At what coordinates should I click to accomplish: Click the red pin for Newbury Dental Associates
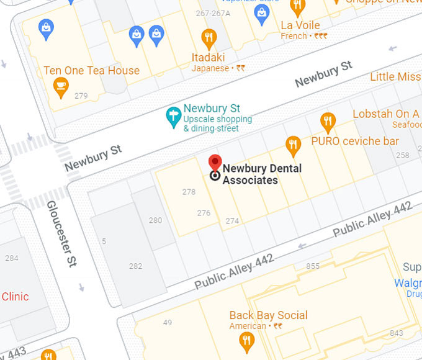pyautogui.click(x=215, y=164)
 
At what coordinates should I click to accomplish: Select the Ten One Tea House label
pyautogui.click(x=91, y=71)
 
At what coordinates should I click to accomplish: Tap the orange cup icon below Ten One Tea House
pyautogui.click(x=60, y=88)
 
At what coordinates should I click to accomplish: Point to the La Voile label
pyautogui.click(x=300, y=25)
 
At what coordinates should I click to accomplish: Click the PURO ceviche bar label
pyautogui.click(x=355, y=141)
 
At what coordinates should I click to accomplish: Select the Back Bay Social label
pyautogui.click(x=268, y=315)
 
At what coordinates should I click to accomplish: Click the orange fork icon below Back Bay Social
pyautogui.click(x=246, y=340)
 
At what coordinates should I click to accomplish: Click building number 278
pyautogui.click(x=189, y=192)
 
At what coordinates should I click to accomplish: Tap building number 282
pyautogui.click(x=135, y=266)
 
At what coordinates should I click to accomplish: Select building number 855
pyautogui.click(x=313, y=266)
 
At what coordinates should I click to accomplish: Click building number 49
pyautogui.click(x=168, y=322)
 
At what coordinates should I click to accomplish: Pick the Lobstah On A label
pyautogui.click(x=385, y=114)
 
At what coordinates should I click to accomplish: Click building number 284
pyautogui.click(x=11, y=258)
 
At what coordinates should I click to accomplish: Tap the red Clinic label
pyautogui.click(x=15, y=297)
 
